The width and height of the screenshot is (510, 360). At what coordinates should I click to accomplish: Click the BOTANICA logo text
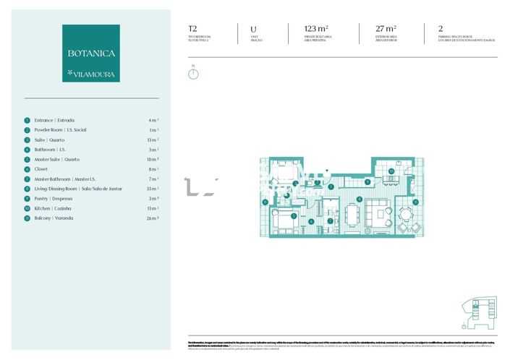(91, 53)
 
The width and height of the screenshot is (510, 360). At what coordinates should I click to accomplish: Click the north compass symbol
(193, 74)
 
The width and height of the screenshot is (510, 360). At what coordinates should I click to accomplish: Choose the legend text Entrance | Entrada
(54, 120)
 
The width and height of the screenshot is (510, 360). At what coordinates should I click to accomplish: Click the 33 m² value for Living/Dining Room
(153, 188)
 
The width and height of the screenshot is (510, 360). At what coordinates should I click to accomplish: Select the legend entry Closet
(42, 168)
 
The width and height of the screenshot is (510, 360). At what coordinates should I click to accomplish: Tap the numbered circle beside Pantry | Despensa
(27, 198)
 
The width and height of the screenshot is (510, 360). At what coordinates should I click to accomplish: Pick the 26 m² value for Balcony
(153, 218)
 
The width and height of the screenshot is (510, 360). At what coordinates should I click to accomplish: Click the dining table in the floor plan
(352, 214)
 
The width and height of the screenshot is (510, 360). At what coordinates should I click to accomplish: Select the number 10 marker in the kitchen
(391, 171)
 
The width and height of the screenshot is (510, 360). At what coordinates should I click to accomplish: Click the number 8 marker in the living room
(360, 198)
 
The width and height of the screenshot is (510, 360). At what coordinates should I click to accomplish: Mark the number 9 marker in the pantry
(367, 182)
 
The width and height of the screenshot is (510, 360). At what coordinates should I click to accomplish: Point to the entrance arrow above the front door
(327, 171)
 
